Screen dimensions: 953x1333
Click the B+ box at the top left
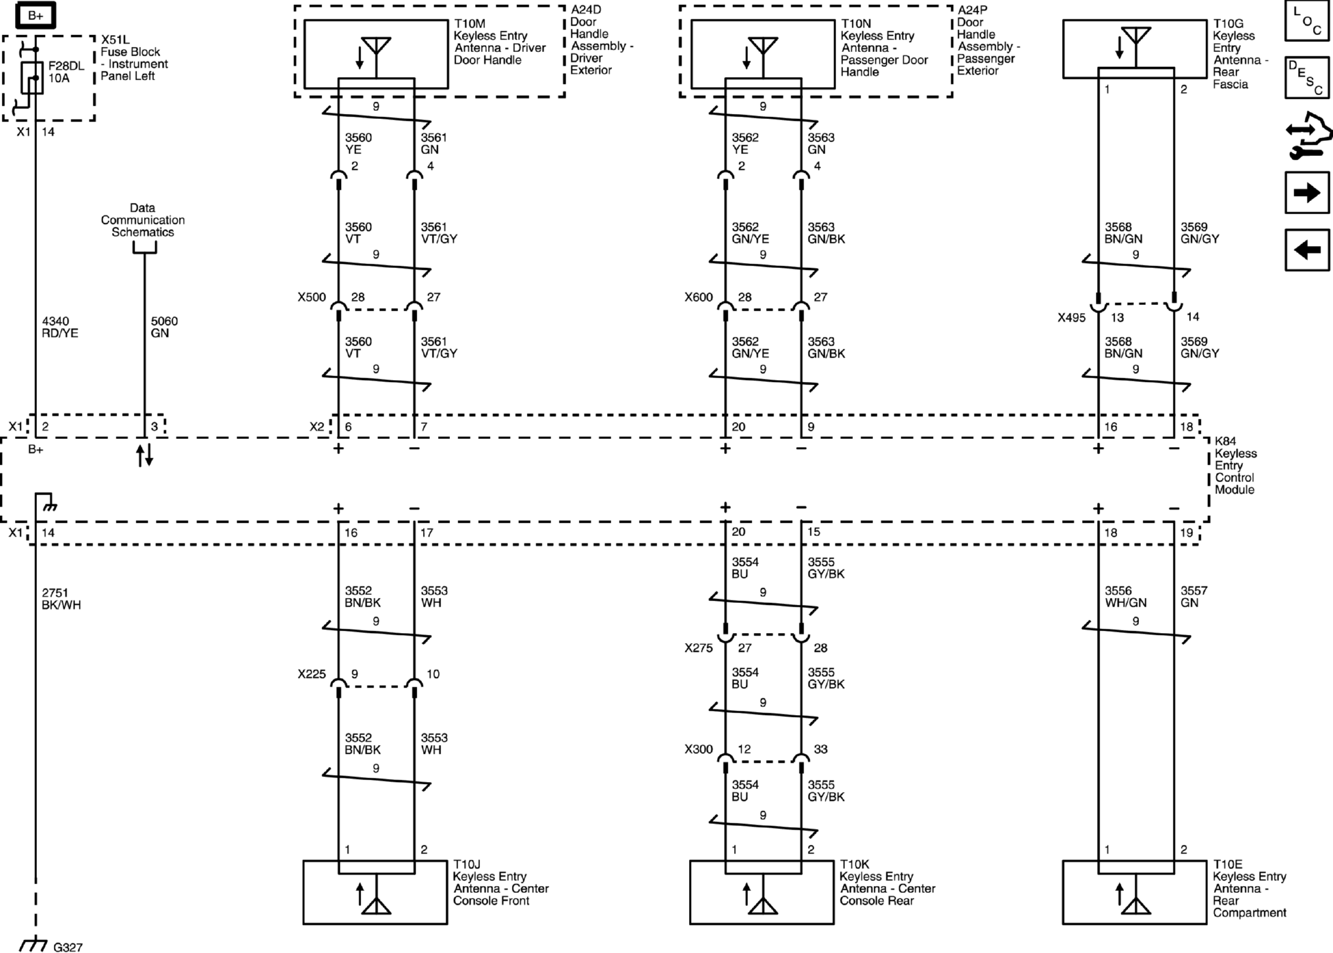[35, 15]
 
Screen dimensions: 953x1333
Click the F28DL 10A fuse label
[66, 72]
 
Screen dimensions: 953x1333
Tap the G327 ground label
[68, 947]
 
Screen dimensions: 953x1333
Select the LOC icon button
[1307, 21]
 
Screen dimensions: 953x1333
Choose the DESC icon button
[1307, 78]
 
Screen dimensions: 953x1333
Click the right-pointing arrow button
[1307, 193]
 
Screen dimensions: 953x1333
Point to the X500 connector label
[312, 297]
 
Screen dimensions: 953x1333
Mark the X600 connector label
[698, 297]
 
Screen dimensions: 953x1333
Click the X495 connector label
[1071, 317]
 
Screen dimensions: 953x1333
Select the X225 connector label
[312, 674]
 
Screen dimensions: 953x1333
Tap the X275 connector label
[698, 648]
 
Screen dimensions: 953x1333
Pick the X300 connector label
[698, 749]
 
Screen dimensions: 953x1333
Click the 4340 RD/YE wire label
[60, 327]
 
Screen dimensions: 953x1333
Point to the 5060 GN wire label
[164, 327]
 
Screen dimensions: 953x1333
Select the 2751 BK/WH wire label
[61, 599]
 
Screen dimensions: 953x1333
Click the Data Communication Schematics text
[143, 220]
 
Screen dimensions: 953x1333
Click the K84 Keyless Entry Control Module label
[1235, 465]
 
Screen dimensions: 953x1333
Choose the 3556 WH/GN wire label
[1126, 597]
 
